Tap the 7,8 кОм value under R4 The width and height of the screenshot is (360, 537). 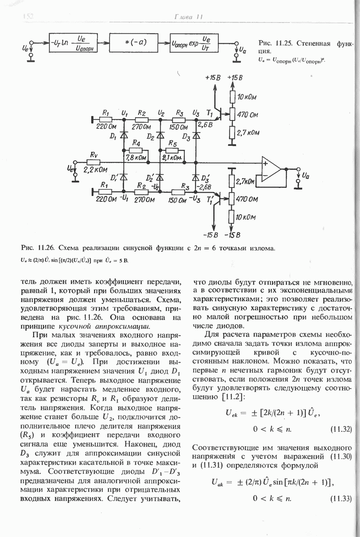(136, 158)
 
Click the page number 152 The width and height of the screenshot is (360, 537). (28, 17)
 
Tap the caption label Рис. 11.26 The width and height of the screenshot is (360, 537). (37, 247)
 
